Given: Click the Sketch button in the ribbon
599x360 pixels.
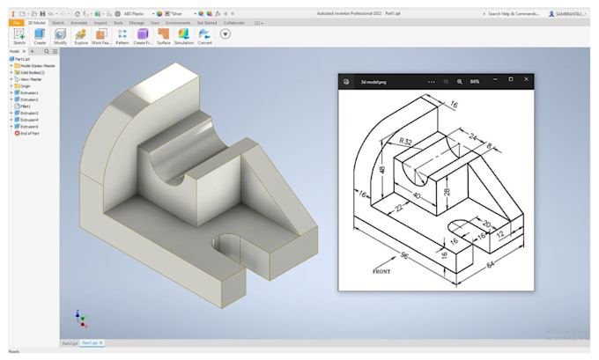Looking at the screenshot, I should (x=18, y=35).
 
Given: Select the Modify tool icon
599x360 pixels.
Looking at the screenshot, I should (x=60, y=35).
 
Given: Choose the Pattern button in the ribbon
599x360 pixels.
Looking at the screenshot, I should (x=122, y=35).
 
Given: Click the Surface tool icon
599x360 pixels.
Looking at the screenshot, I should (x=164, y=35).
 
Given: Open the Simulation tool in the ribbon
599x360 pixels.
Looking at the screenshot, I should (x=184, y=35).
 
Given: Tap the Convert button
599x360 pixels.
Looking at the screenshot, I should (x=204, y=35).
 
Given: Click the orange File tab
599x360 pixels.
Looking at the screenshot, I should (x=16, y=23).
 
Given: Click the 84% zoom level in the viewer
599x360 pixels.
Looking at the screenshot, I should (x=474, y=81).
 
